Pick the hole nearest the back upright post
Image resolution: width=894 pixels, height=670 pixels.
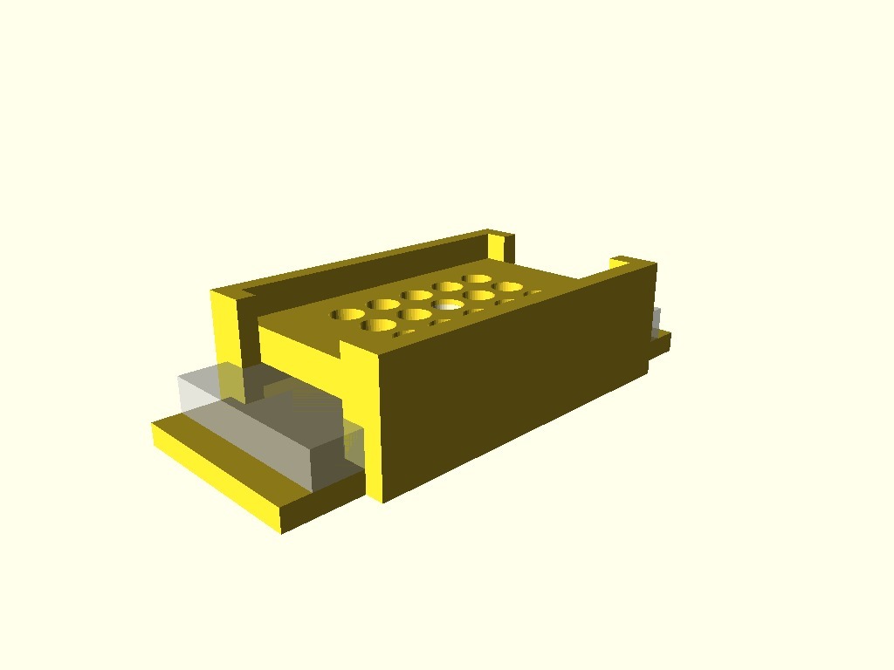pyautogui.click(x=478, y=279)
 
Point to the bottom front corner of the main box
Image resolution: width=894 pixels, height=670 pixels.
pyautogui.click(x=381, y=499)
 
